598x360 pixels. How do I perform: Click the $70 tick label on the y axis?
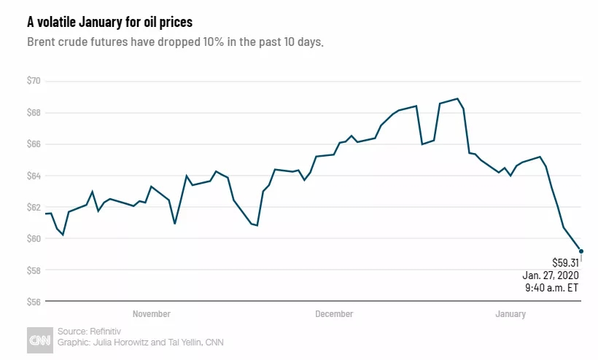point(35,81)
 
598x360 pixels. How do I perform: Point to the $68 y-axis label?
point(35,112)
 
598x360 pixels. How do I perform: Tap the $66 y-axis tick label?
point(35,144)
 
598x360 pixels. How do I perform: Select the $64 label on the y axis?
point(35,176)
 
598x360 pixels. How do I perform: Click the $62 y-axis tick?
point(35,207)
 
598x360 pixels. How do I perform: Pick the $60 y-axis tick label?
point(35,238)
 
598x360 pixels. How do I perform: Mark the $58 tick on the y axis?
point(35,270)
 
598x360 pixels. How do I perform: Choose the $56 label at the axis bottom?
point(35,302)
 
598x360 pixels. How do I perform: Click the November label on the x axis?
point(152,314)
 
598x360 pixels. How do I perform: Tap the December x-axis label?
point(334,314)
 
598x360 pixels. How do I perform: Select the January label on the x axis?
point(510,314)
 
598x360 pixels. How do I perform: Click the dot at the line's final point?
point(580,251)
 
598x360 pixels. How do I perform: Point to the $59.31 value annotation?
point(565,262)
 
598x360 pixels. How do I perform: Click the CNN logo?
point(39,340)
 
